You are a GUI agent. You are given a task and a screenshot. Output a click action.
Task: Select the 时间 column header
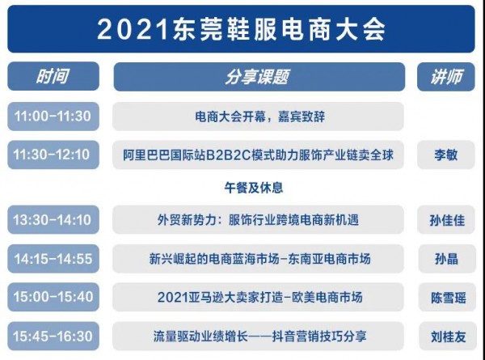tap(53, 77)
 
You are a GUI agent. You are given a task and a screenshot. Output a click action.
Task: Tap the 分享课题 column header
tap(258, 77)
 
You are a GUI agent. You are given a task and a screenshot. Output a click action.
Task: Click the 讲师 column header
tap(445, 77)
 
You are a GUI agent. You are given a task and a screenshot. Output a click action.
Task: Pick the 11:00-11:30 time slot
tap(53, 116)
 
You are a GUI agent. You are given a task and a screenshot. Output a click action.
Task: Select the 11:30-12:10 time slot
tap(53, 155)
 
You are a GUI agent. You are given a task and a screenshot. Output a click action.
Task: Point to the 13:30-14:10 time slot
tap(53, 218)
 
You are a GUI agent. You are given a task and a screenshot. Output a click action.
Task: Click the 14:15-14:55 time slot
tap(53, 259)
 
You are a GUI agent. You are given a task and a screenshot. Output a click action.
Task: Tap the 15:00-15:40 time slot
tap(53, 297)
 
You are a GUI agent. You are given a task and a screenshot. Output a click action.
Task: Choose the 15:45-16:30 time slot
tap(53, 336)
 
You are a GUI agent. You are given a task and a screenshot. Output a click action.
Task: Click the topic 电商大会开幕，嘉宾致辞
tap(258, 116)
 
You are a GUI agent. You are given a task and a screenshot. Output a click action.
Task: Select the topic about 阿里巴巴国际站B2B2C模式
tap(258, 155)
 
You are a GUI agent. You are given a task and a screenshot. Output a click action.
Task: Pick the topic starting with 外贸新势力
tap(258, 218)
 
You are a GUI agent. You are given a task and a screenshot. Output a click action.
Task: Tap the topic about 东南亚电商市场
tap(258, 259)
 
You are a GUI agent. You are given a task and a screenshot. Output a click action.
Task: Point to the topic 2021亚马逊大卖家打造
tap(258, 297)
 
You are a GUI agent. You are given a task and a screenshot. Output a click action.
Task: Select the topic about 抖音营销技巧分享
tap(258, 336)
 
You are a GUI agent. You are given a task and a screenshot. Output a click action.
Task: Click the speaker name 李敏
tap(445, 155)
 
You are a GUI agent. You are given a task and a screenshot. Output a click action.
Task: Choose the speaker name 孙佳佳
tap(445, 218)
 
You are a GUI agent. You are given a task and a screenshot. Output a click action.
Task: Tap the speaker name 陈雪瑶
tap(445, 297)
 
